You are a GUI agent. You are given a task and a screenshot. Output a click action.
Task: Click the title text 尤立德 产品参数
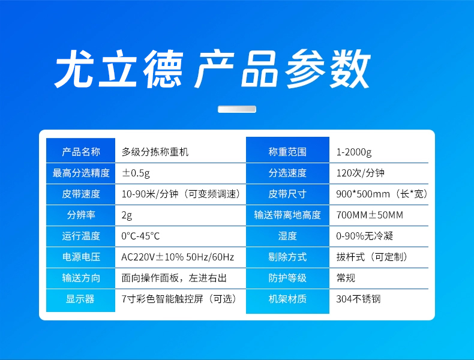coord(212,69)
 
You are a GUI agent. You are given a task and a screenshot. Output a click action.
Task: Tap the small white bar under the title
coord(237,109)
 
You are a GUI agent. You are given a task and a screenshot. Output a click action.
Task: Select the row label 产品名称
coord(81,152)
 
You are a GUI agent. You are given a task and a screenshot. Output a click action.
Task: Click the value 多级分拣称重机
coord(155,152)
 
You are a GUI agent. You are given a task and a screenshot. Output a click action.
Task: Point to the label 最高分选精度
coord(81,173)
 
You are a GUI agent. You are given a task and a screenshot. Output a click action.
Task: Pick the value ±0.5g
coord(136,173)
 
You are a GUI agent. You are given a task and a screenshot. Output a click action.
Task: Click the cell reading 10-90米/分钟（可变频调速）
coord(181,194)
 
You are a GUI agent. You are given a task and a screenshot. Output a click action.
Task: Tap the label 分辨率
coord(81,215)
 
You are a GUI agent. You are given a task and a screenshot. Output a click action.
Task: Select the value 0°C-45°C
coord(140,236)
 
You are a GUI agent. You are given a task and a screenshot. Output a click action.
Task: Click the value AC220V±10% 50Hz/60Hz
coord(178,257)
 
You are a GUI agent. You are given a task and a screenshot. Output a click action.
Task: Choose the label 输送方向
coord(81,278)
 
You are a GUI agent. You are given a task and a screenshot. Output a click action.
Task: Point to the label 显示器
coord(80,299)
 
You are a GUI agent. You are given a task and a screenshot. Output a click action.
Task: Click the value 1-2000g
coord(354,152)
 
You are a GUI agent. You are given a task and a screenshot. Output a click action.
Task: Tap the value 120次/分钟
coord(361,173)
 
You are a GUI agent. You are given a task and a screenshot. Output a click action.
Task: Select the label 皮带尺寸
coord(287,194)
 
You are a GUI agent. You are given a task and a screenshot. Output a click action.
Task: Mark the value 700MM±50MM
coord(370,215)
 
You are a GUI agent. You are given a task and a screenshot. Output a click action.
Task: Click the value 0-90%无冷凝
coord(365,236)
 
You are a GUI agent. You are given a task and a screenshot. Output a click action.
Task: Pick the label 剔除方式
coord(287,257)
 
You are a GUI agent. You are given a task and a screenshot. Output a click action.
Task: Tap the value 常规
coord(346,278)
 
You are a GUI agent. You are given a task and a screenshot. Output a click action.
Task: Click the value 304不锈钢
coord(359,299)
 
